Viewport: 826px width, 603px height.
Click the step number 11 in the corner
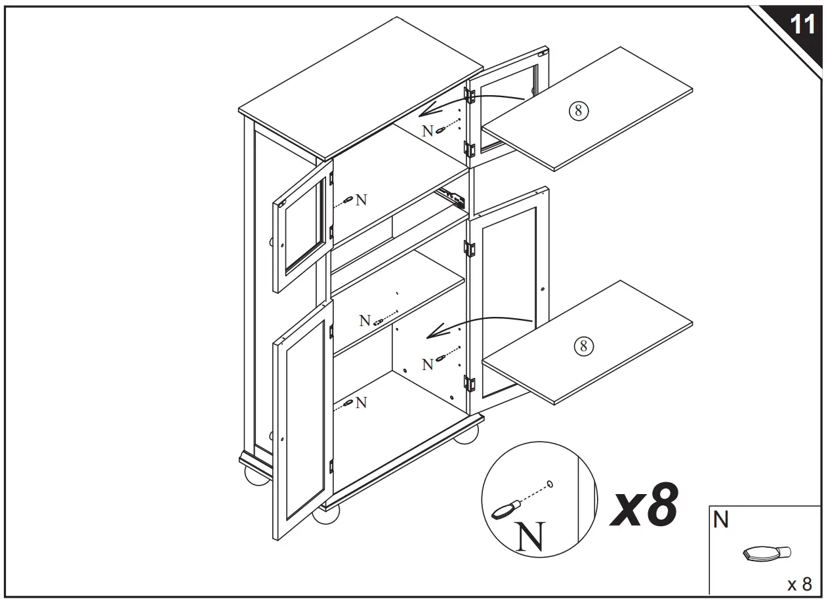[802, 25]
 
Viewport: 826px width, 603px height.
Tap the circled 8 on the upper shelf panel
[578, 110]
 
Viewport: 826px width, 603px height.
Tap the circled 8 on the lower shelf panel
[583, 345]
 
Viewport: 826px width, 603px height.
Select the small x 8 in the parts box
[799, 583]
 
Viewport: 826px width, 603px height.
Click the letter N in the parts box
[721, 520]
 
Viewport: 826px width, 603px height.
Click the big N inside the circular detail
[529, 536]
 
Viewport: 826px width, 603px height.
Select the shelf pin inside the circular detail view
[506, 509]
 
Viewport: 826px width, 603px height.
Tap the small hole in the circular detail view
[550, 484]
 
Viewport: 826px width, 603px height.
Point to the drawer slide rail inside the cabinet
[452, 196]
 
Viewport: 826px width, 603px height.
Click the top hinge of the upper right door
[469, 95]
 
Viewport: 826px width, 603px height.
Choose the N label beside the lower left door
[361, 403]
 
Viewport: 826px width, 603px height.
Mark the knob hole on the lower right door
[545, 289]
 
